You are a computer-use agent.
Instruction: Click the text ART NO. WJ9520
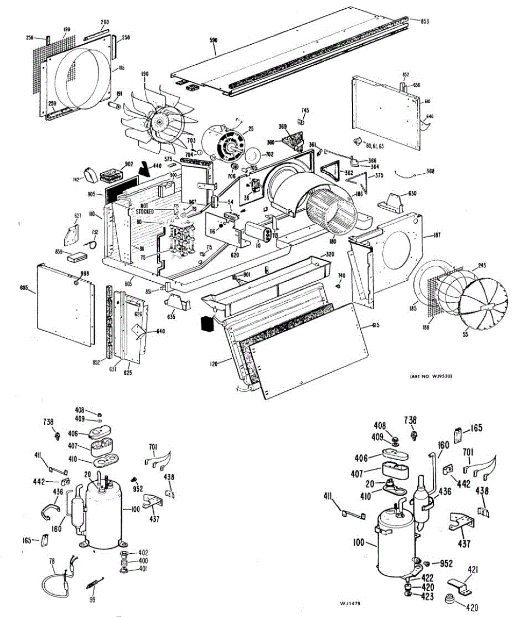(x=433, y=377)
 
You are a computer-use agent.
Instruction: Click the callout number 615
(x=378, y=325)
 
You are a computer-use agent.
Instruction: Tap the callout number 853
(x=424, y=21)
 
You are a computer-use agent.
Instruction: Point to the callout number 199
(x=66, y=30)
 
